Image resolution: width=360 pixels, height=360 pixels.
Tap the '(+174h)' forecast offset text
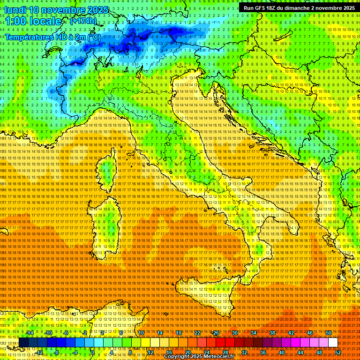83,21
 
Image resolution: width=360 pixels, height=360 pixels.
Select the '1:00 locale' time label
34,21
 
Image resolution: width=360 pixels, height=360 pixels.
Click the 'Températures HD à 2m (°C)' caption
52,37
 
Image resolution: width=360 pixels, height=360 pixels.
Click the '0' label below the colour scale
93,352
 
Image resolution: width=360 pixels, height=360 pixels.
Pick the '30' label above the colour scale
235,332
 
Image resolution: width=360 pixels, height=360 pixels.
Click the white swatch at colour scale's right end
333,343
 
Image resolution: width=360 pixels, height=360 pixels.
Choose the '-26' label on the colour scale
215,332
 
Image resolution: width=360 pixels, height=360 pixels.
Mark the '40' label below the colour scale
282,352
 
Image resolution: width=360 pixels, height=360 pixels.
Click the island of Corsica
107,169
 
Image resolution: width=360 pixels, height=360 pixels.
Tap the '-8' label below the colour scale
56,352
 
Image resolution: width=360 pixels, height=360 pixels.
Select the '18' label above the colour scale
178,332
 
